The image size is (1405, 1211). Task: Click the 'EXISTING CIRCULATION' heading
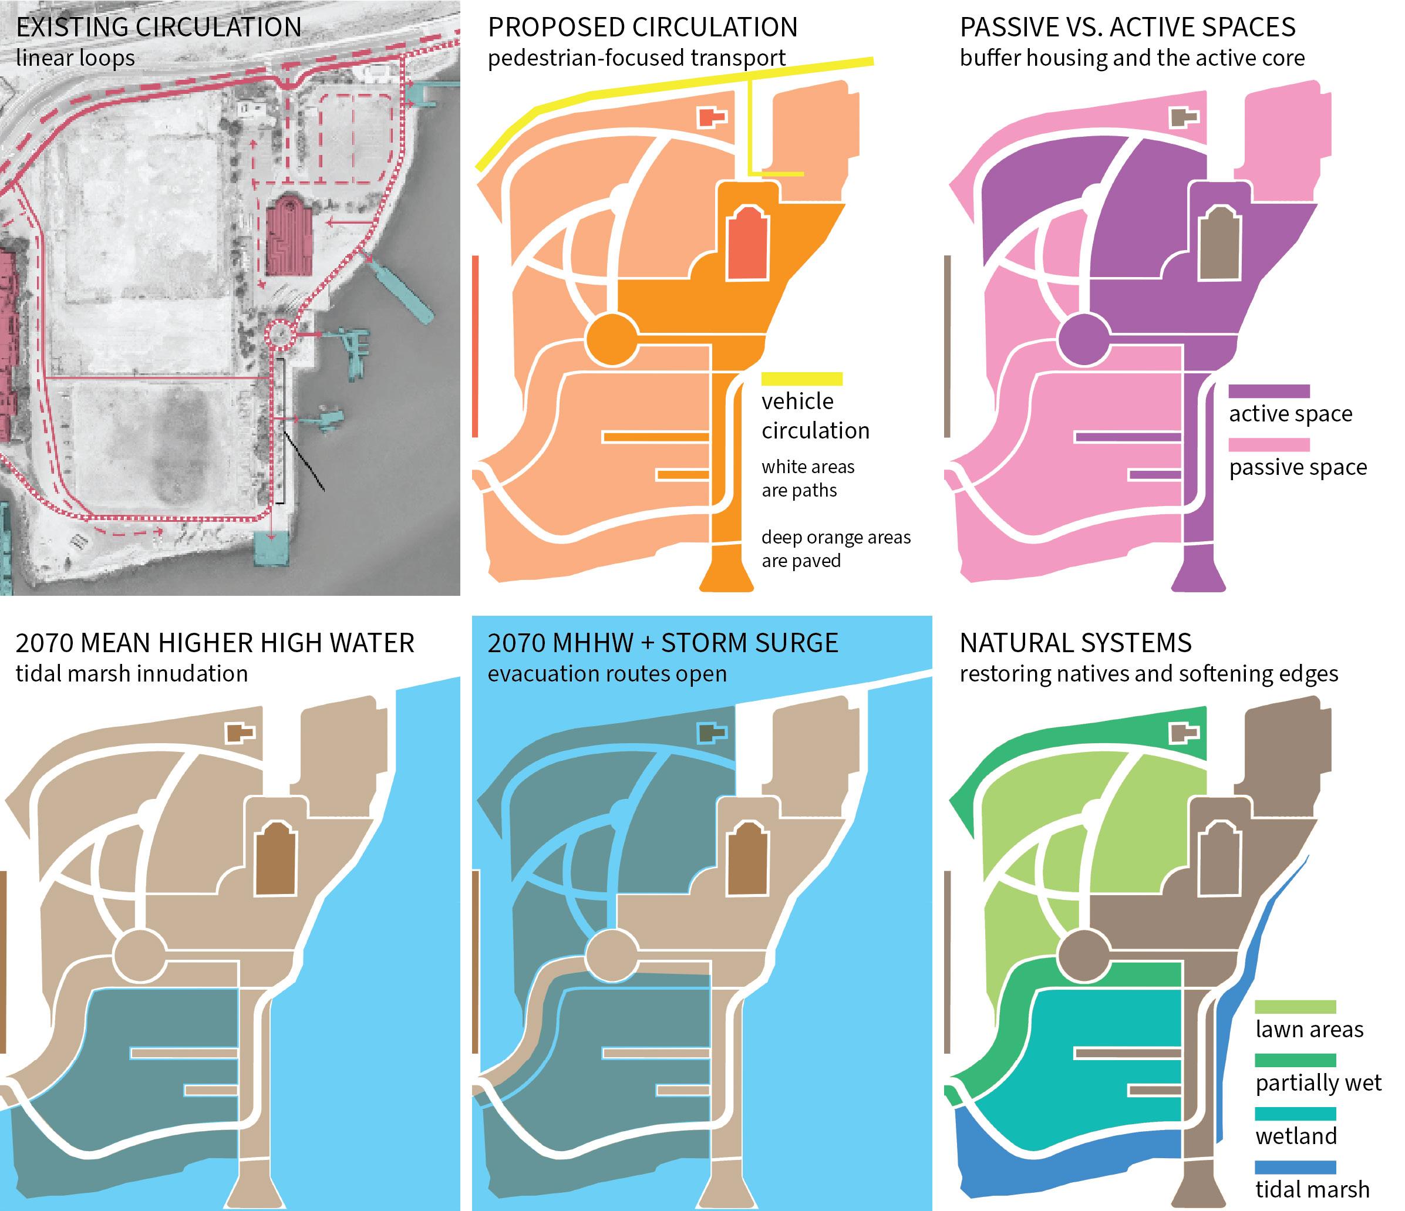(x=159, y=28)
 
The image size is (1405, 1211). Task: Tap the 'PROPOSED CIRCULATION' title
(x=642, y=28)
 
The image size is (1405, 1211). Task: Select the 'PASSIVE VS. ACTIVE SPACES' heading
(x=1127, y=28)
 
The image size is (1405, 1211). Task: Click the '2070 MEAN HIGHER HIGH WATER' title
(x=214, y=643)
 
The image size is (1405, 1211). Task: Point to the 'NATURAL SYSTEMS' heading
(x=1076, y=643)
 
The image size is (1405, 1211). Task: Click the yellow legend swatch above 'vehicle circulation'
(x=801, y=379)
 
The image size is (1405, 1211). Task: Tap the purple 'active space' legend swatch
(x=1269, y=391)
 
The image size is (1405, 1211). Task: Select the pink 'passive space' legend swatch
(x=1269, y=445)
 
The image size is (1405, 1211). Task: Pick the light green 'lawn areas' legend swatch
(x=1295, y=1007)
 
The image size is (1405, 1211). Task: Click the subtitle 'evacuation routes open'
(x=607, y=674)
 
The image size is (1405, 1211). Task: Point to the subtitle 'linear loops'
(x=75, y=58)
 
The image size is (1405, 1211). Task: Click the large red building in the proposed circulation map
(x=747, y=245)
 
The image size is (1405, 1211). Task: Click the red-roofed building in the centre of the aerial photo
(x=288, y=235)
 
